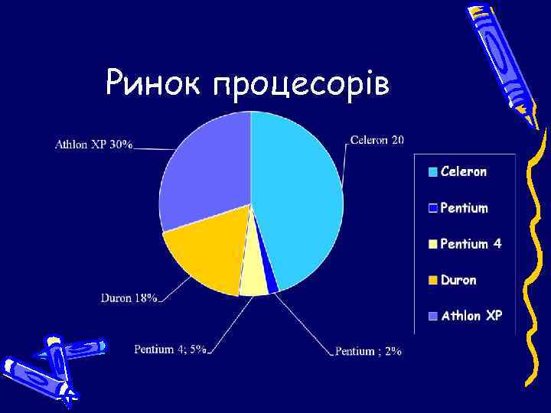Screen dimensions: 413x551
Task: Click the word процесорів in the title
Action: click(302, 84)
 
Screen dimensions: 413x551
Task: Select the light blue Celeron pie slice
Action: click(298, 191)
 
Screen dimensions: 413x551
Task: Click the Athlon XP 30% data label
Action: click(93, 144)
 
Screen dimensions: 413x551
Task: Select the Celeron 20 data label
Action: click(377, 139)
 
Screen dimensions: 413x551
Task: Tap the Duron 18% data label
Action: click(129, 298)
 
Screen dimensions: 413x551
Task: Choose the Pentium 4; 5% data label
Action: click(170, 349)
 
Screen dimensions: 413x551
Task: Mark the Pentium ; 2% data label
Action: click(368, 351)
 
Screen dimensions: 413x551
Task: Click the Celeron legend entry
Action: click(463, 171)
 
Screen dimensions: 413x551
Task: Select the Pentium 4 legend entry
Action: click(471, 244)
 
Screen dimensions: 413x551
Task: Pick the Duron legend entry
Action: click(458, 280)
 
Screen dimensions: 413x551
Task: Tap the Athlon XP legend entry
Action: click(471, 315)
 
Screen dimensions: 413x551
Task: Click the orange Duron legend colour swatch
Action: click(433, 281)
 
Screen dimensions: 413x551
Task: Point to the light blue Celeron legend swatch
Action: click(433, 172)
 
